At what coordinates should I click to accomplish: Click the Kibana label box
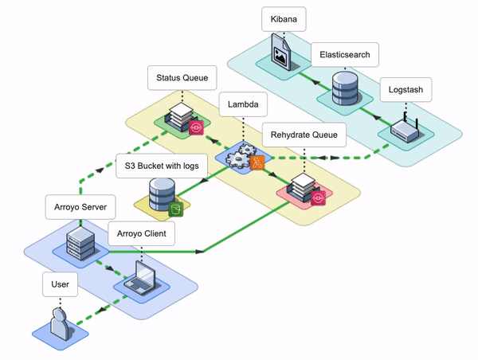coord(285,19)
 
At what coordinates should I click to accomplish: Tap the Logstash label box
coord(406,89)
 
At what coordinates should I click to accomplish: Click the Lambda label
coord(243,104)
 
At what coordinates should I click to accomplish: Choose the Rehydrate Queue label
coord(304,135)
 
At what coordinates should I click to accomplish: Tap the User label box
coord(60,283)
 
